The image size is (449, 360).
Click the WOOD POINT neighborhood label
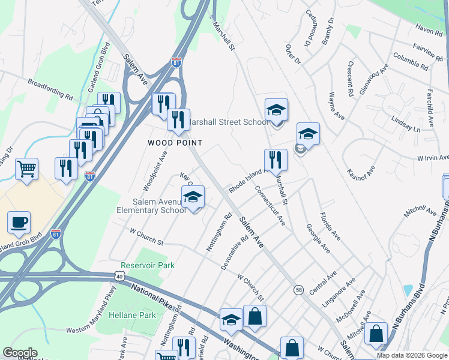click(175, 143)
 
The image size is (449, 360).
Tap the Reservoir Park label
click(147, 265)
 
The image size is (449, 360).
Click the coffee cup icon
click(18, 223)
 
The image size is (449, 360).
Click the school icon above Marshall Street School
click(276, 110)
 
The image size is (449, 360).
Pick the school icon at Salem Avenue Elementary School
click(193, 197)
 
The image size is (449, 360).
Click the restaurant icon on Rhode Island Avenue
click(276, 160)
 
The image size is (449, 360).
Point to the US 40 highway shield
click(119, 276)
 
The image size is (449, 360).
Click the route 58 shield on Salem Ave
click(298, 290)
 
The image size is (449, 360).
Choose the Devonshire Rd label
click(234, 253)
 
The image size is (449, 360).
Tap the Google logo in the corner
click(20, 353)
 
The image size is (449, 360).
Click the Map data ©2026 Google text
click(412, 355)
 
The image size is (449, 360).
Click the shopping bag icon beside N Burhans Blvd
click(376, 334)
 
